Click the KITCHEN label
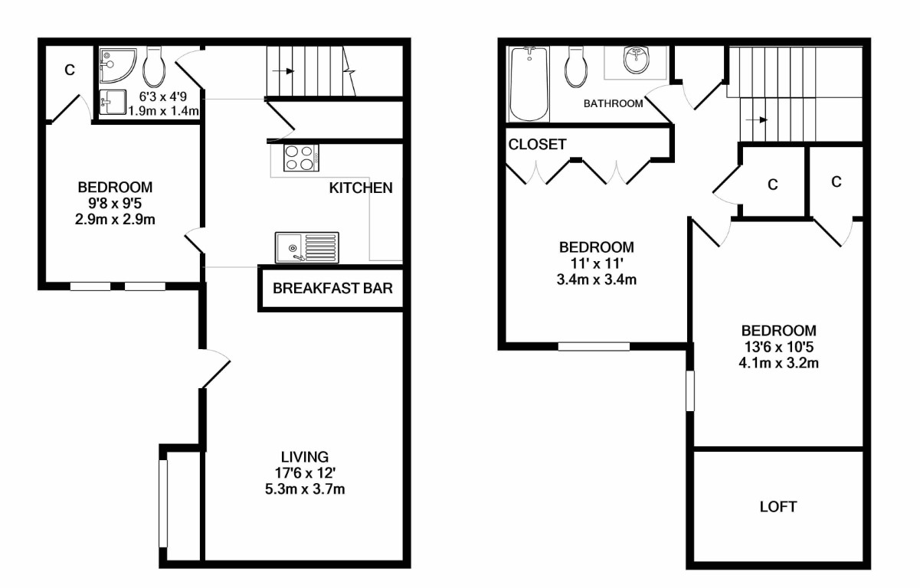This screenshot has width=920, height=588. click(x=361, y=188)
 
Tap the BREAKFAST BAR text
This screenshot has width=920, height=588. click(x=332, y=288)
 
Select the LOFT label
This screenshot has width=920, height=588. click(x=778, y=507)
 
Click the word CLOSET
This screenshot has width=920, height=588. click(x=537, y=144)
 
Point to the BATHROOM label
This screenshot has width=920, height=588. click(x=613, y=103)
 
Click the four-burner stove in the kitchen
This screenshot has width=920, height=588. click(x=301, y=158)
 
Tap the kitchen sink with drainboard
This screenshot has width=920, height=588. click(x=307, y=247)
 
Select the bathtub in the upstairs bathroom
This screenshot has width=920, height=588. click(x=529, y=84)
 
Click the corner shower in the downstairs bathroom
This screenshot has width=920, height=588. click(x=117, y=66)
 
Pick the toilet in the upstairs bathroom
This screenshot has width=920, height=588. click(x=576, y=67)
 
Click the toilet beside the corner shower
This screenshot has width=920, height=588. click(x=154, y=67)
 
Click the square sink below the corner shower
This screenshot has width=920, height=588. click(x=113, y=103)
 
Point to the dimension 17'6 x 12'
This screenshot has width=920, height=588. click(x=305, y=473)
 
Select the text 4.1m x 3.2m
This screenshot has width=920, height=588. click(x=778, y=363)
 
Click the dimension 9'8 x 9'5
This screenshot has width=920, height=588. click(x=115, y=203)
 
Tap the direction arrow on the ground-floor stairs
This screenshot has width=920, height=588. click(x=283, y=71)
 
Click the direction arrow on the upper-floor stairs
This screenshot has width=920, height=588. click(x=757, y=120)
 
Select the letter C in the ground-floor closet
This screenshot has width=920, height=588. click(x=70, y=70)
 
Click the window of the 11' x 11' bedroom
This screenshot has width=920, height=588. click(x=594, y=347)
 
